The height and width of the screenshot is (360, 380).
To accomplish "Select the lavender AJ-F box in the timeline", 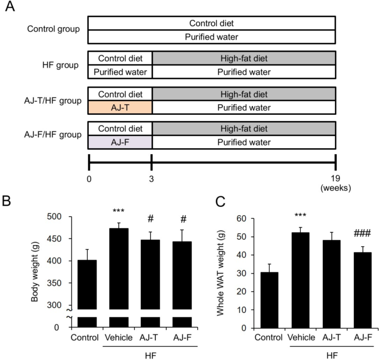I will pyautogui.click(x=120, y=142).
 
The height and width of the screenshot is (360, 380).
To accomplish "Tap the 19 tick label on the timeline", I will pyautogui.click(x=335, y=179).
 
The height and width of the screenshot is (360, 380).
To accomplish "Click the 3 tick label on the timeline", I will pyautogui.click(x=151, y=179).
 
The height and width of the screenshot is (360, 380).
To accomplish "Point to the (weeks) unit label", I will pyautogui.click(x=335, y=188).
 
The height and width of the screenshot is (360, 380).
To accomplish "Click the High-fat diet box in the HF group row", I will pyautogui.click(x=244, y=58).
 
